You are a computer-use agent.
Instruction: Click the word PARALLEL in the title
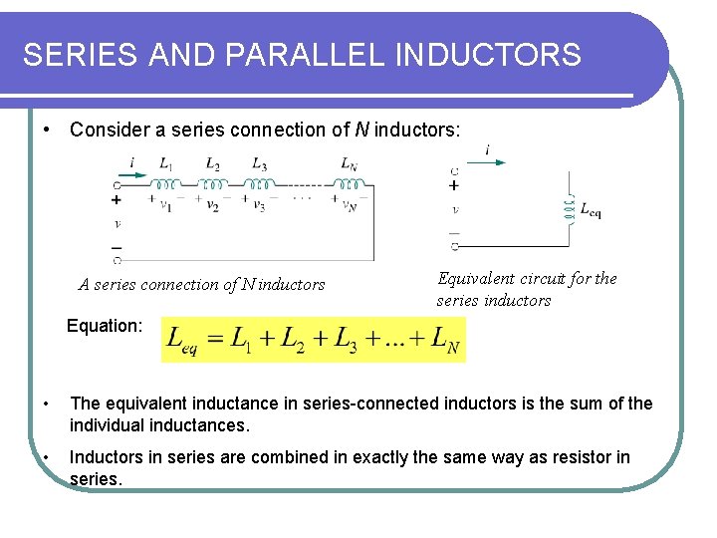(x=315, y=56)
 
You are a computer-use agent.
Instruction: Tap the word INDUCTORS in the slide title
(x=489, y=56)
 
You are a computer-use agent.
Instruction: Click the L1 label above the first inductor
(x=166, y=164)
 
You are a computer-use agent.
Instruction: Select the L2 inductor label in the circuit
(x=213, y=164)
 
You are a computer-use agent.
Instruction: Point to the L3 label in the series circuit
(x=259, y=164)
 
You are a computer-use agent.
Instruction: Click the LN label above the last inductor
(x=349, y=164)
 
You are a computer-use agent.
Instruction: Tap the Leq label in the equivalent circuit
(x=590, y=212)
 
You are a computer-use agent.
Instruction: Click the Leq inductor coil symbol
(x=570, y=207)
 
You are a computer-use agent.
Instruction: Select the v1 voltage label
(x=166, y=206)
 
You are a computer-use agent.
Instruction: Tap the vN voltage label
(x=349, y=206)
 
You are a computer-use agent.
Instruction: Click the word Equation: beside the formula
(x=105, y=325)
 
